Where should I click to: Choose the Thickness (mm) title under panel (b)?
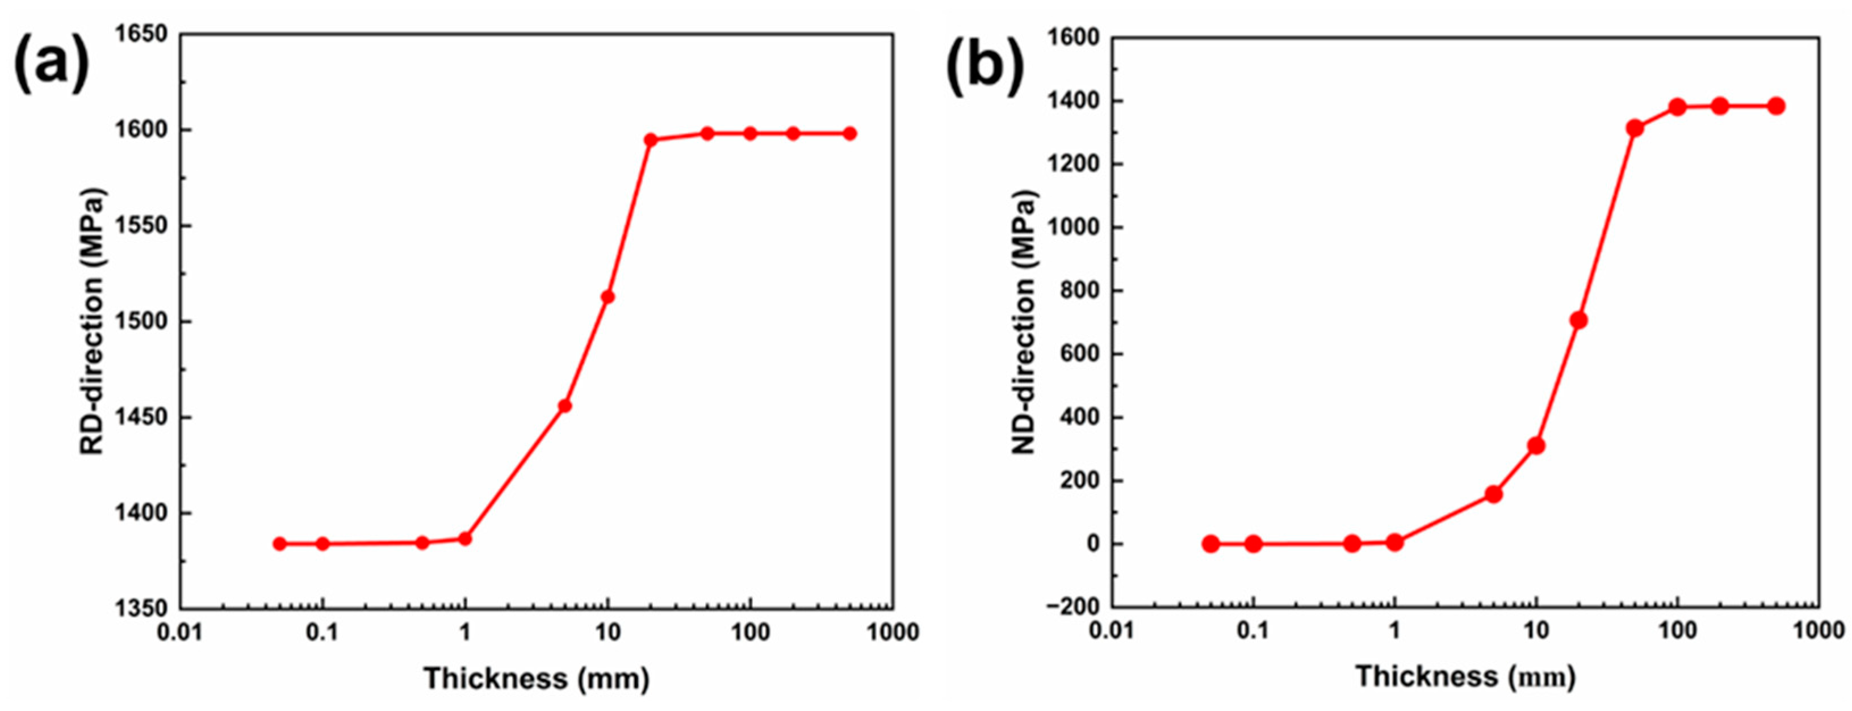point(1466,676)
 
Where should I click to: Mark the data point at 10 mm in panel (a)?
point(607,297)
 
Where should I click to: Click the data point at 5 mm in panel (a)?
point(565,406)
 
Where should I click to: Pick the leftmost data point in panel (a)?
point(280,544)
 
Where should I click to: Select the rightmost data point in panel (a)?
point(850,134)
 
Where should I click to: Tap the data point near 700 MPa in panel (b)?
point(1579,321)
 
